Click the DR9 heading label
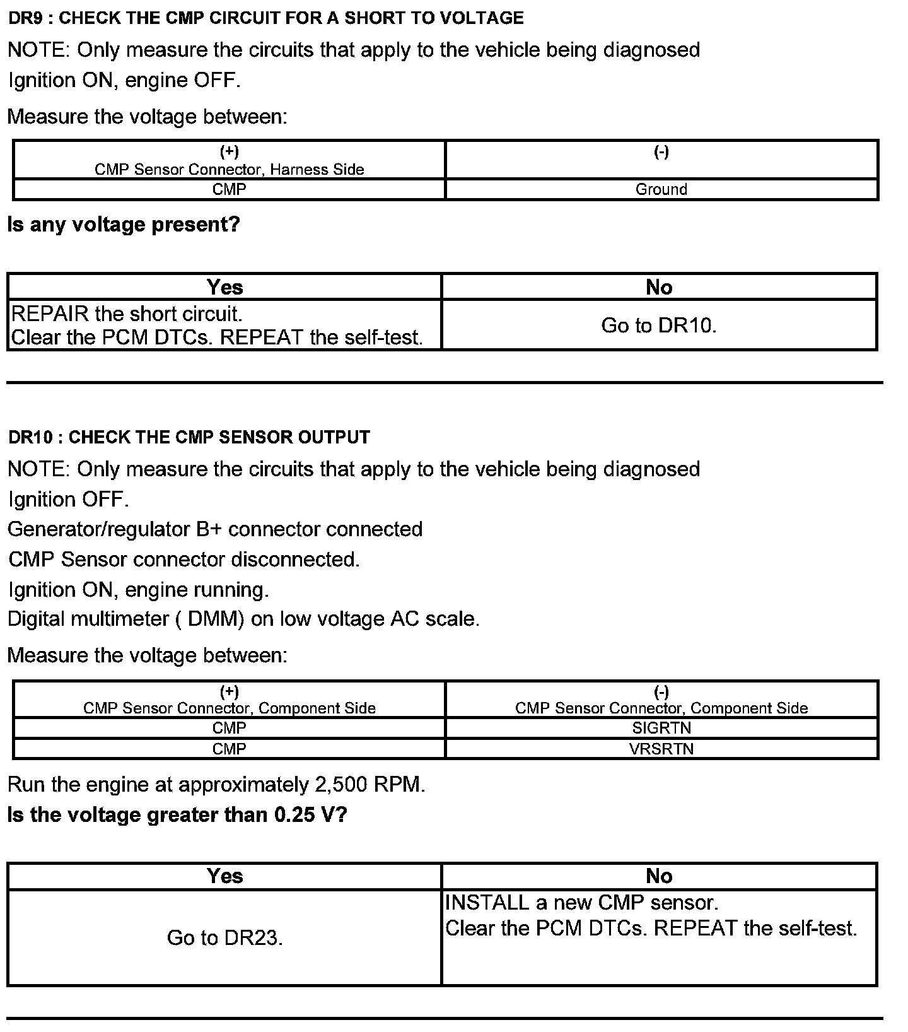point(265,18)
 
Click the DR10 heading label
point(189,437)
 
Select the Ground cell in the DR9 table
point(661,189)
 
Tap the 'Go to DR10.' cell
point(659,325)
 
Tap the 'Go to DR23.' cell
point(224,938)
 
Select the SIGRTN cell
point(661,728)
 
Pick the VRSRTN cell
point(661,749)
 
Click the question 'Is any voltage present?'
point(124,225)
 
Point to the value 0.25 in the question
point(294,815)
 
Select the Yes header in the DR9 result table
point(224,287)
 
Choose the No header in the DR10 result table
point(659,876)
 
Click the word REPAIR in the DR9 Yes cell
point(50,314)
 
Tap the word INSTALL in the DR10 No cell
point(487,903)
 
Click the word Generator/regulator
point(98,529)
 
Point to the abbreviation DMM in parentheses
point(216,619)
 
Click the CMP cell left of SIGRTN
point(229,728)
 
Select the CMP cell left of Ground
point(229,189)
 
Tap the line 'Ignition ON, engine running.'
point(139,590)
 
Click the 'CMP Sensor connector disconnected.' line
point(183,560)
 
